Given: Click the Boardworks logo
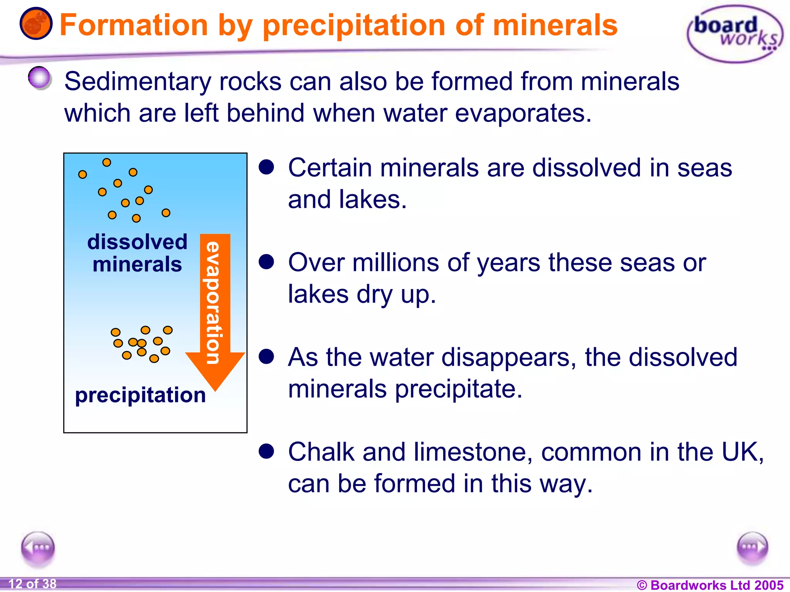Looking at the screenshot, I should click(735, 34).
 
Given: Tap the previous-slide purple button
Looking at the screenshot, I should click(38, 548).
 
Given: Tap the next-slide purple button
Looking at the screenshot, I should click(752, 548).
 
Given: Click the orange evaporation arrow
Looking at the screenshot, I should click(215, 308).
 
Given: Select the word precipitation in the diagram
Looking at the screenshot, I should click(140, 395).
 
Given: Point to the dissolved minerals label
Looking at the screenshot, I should click(137, 253).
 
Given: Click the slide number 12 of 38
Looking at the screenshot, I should click(32, 584).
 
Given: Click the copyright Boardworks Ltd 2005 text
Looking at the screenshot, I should click(710, 585).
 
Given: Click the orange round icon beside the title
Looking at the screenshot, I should click(36, 24).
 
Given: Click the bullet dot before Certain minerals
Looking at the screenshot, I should click(266, 167).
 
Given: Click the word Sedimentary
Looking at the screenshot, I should click(138, 82).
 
